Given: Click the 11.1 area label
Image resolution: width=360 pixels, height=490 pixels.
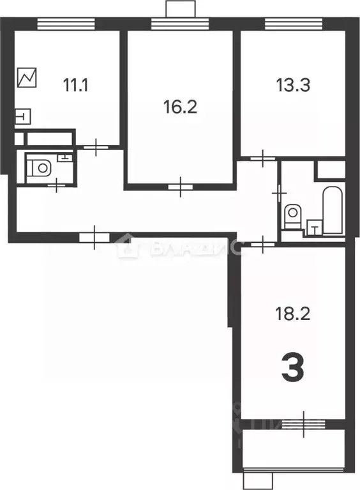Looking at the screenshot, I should (x=76, y=84).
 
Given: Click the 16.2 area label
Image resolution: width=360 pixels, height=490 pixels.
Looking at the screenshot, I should (x=179, y=105).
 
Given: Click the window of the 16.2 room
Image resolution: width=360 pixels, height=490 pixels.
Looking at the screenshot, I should (x=179, y=24).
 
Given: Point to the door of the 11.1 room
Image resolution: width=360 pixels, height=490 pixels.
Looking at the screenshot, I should (x=96, y=148).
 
